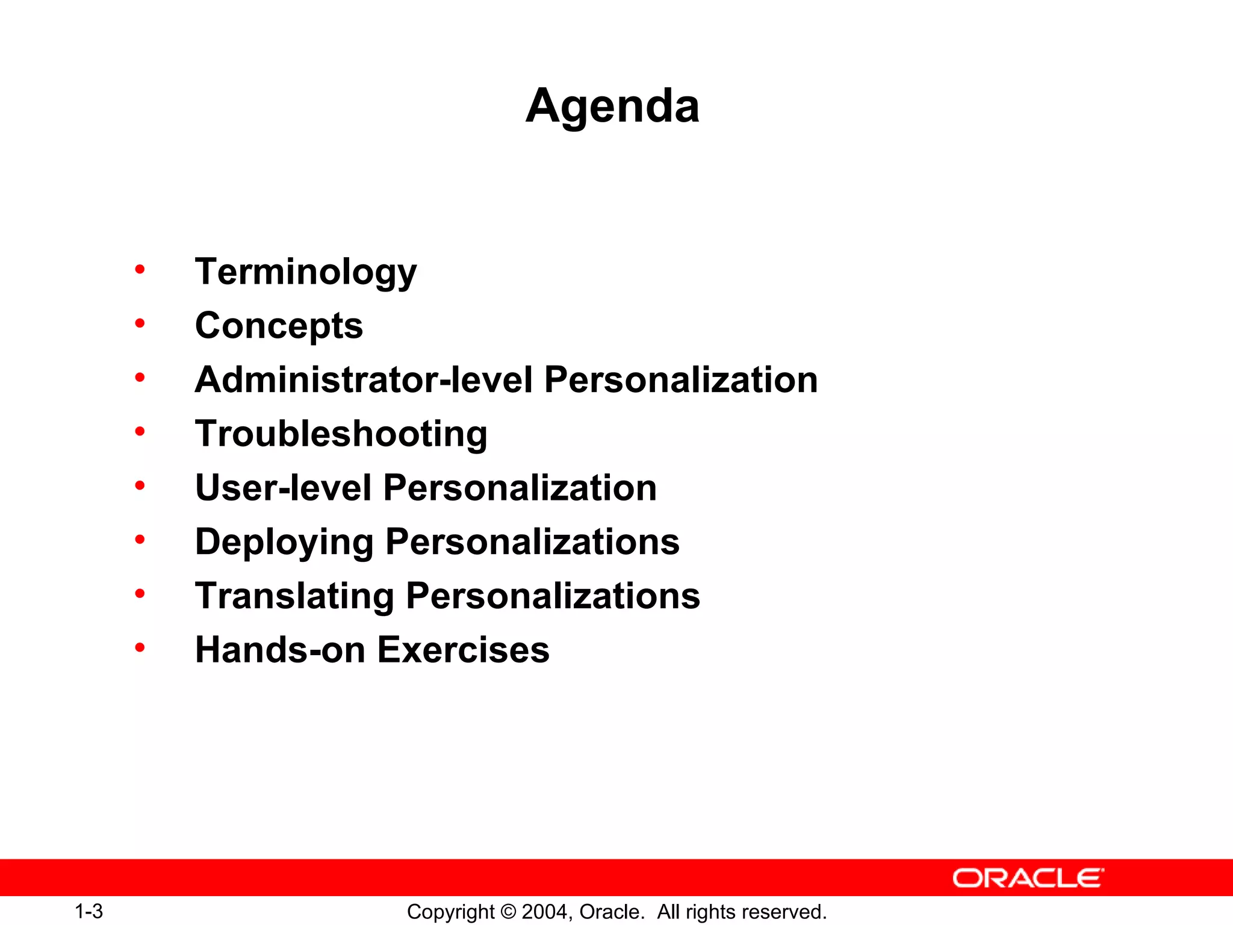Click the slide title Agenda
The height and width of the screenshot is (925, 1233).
tap(612, 106)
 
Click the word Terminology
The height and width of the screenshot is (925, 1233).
tap(306, 272)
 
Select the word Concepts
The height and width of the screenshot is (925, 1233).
tap(279, 326)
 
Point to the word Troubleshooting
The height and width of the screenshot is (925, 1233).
tap(341, 434)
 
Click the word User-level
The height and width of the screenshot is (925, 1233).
tap(283, 487)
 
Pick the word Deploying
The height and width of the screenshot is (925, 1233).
tap(284, 542)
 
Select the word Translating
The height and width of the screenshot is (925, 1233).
tap(294, 596)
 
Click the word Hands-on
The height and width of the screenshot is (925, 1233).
tap(280, 650)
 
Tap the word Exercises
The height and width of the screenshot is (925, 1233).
tap(463, 650)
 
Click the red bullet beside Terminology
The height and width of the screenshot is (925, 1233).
tap(140, 270)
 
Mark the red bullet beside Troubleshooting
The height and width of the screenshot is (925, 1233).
tap(140, 431)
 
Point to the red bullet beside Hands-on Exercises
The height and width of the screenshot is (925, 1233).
tap(140, 648)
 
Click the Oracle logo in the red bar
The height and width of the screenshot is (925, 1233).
tap(1028, 878)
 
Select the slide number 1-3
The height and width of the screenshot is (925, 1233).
tap(89, 911)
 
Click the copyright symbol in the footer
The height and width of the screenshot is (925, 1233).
tap(508, 912)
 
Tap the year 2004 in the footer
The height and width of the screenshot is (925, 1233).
tap(544, 912)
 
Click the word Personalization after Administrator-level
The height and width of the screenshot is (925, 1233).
tap(680, 380)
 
